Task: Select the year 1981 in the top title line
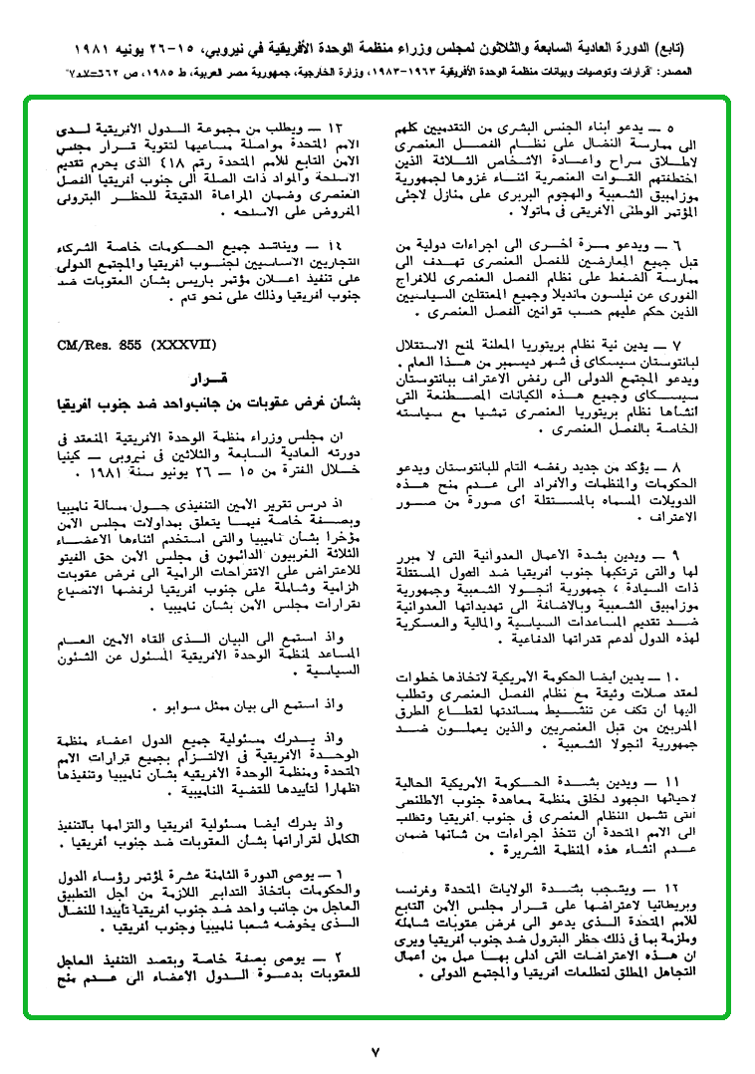coord(86,49)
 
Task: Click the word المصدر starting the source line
coord(673,72)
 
